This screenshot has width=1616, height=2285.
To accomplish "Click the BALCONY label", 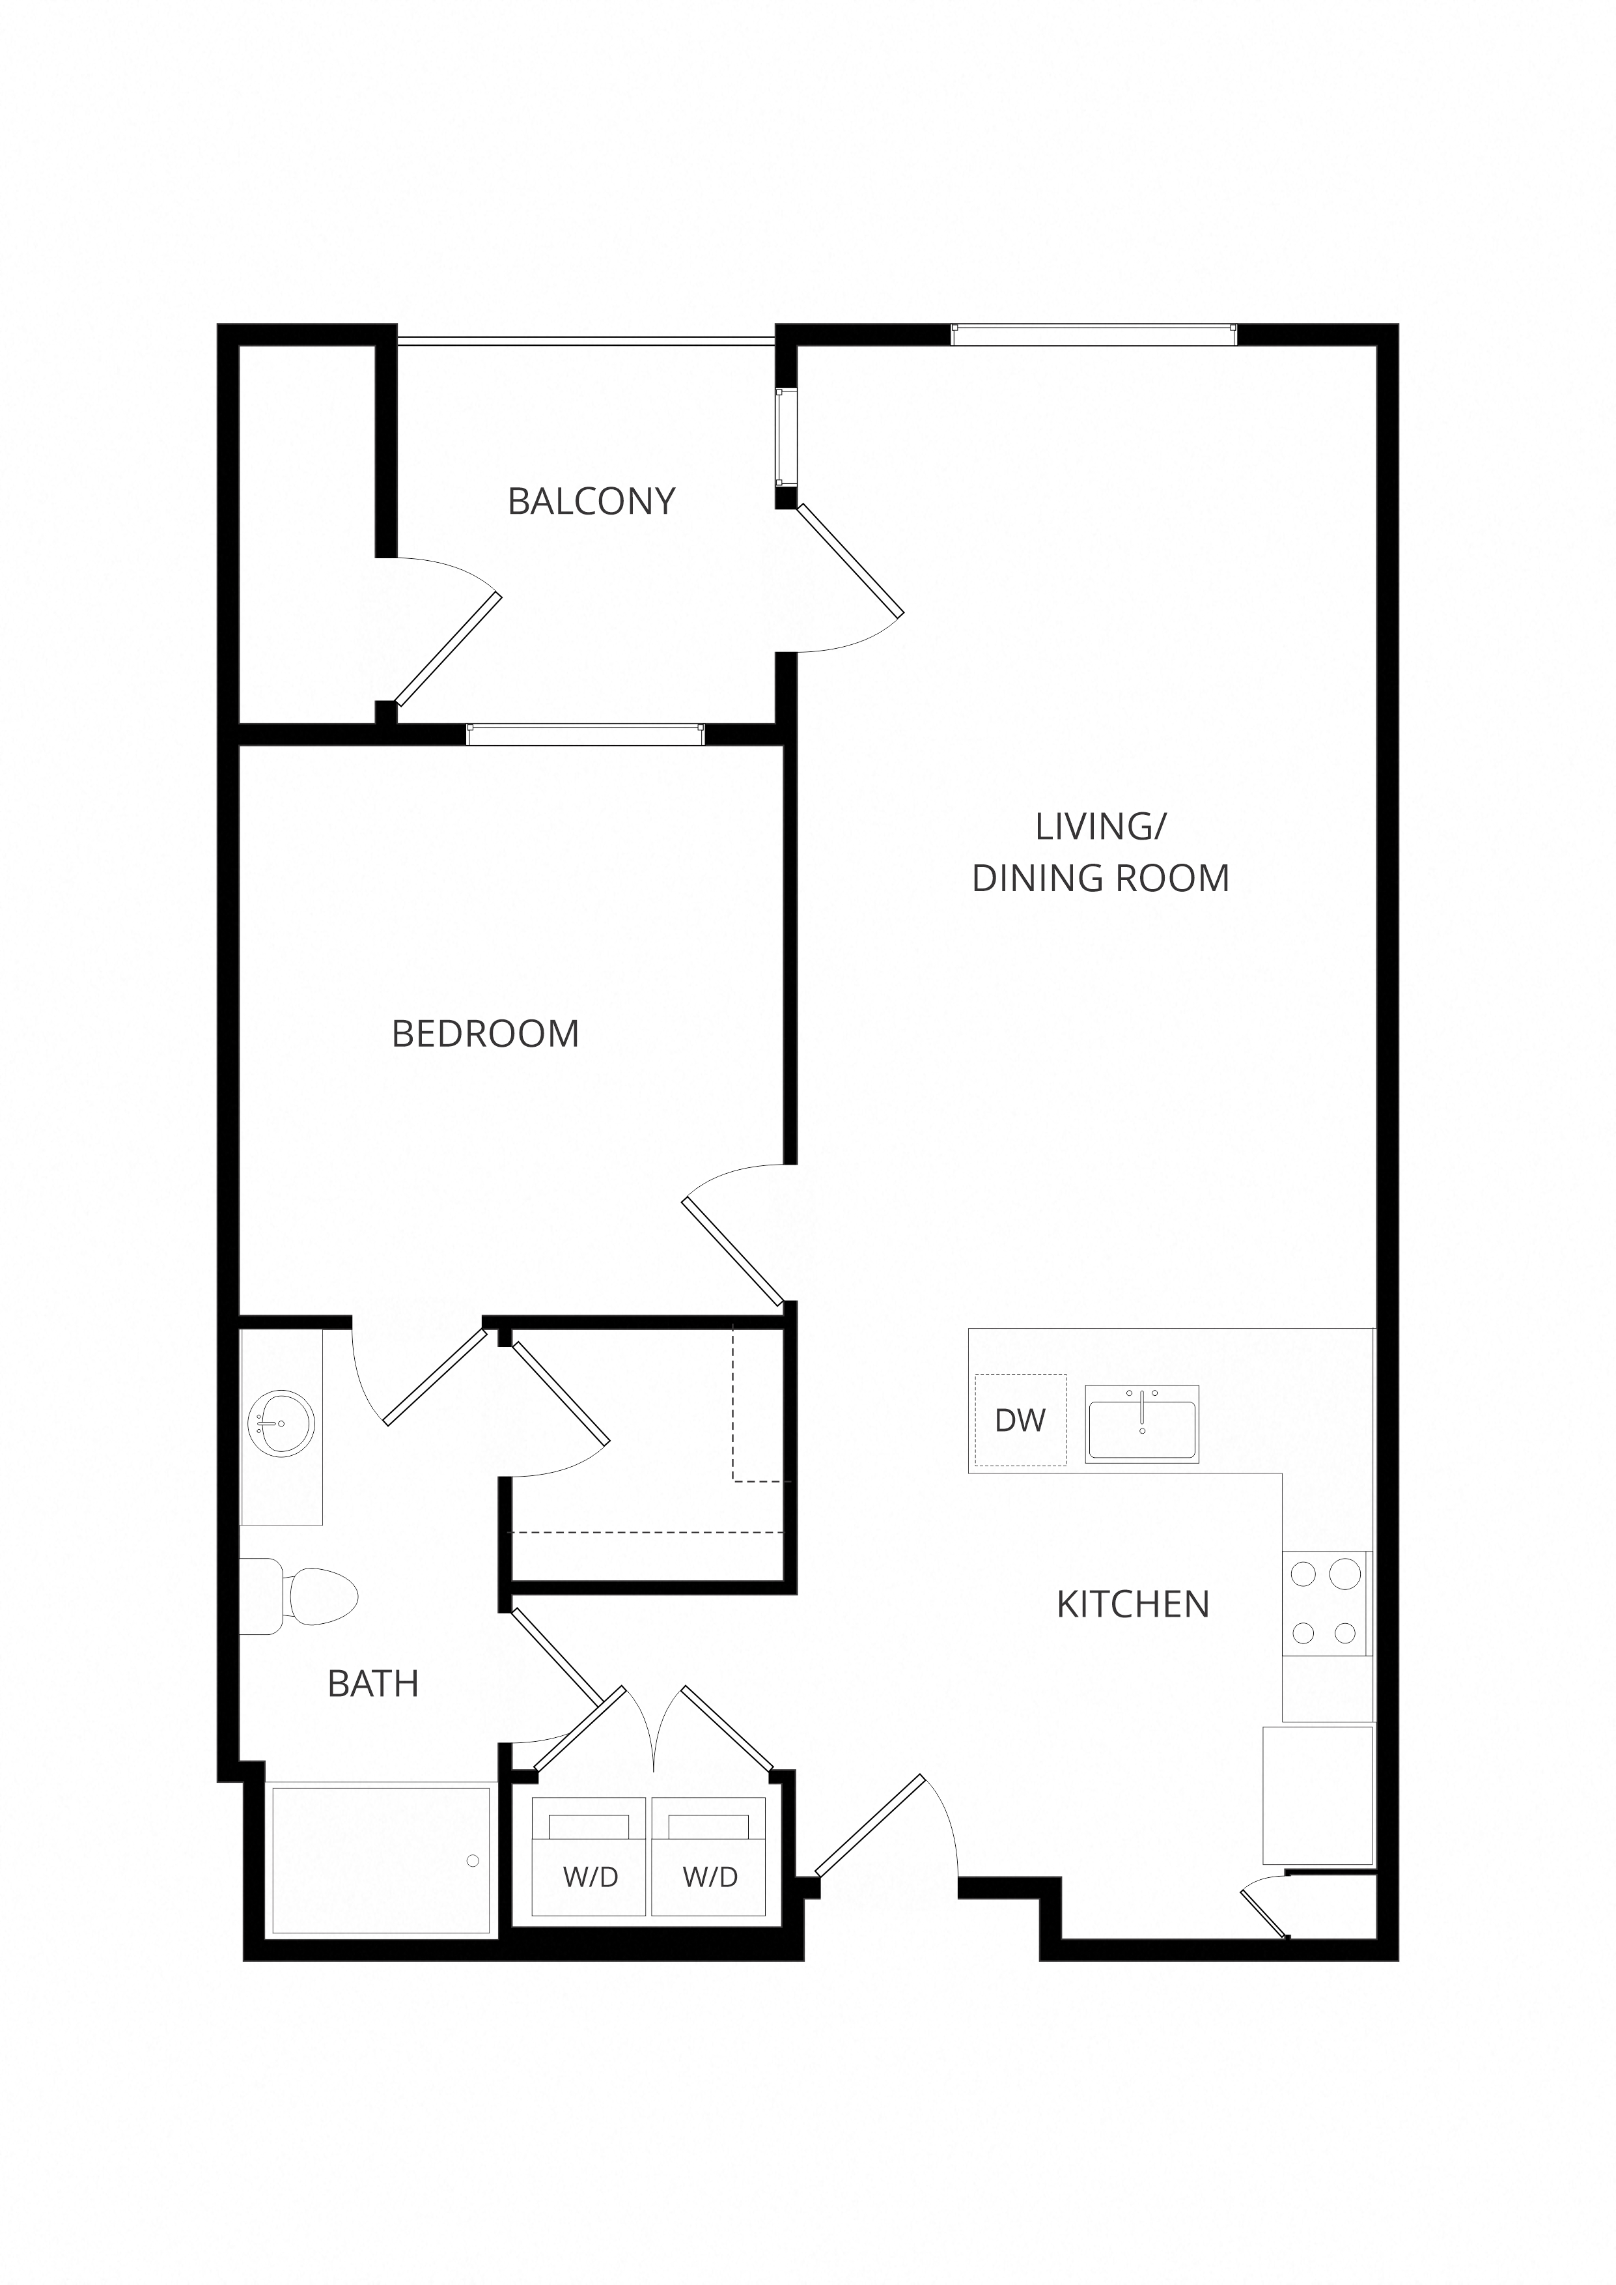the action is [591, 501].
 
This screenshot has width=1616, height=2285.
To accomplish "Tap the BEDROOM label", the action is [486, 1034].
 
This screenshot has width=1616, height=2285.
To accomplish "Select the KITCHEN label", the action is [1132, 1604].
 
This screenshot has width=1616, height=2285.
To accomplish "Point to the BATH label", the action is [373, 1684].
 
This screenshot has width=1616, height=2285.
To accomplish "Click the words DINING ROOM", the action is [1100, 878].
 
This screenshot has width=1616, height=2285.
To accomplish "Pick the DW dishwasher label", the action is [1020, 1420].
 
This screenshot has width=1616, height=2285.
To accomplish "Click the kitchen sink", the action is [1141, 1423].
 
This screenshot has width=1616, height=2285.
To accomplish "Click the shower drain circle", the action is [473, 1861].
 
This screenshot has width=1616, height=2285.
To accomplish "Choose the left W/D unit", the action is [590, 1856].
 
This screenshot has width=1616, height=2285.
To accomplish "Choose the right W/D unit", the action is [710, 1856].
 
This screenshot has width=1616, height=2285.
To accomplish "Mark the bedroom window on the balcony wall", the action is [585, 735].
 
